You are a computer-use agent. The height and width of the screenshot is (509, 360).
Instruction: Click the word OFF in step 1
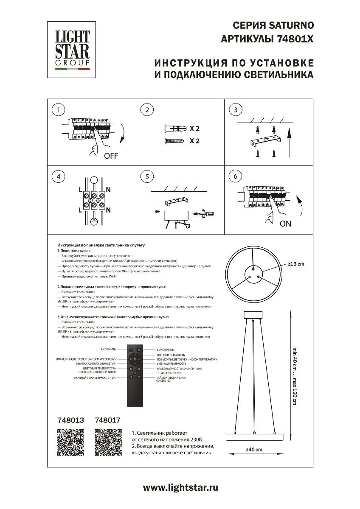coord(111,156)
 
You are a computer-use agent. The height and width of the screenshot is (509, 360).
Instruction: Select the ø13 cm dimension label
coord(295,264)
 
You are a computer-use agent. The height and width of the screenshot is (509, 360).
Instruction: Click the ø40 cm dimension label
coord(253,450)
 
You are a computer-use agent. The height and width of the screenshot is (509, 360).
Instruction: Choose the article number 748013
coord(70,420)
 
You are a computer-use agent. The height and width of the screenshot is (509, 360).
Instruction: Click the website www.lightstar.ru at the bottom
coord(180,488)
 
